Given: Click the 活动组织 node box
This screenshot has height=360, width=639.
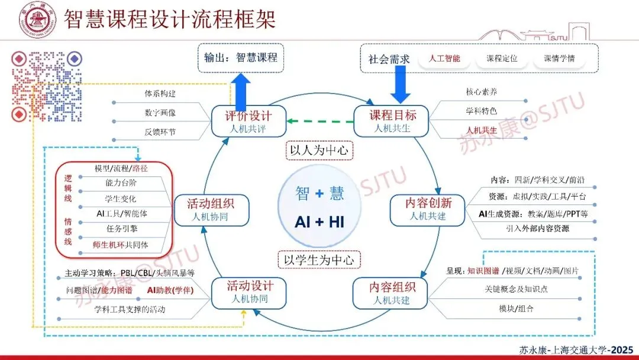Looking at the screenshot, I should click(211, 210).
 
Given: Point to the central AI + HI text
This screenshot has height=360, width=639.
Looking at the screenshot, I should click(319, 222).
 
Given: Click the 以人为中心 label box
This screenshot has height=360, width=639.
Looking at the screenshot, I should click(319, 150).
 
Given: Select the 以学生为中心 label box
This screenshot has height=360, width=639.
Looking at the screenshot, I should click(319, 259).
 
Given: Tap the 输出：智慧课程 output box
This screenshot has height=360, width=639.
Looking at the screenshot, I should click(241, 57).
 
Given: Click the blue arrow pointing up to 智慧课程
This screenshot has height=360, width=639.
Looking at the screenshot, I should click(241, 92).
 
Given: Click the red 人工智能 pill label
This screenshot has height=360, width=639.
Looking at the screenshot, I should click(443, 59).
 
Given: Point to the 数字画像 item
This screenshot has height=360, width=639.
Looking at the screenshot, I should click(160, 113).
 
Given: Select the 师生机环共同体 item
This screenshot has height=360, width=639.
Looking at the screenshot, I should click(121, 245).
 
